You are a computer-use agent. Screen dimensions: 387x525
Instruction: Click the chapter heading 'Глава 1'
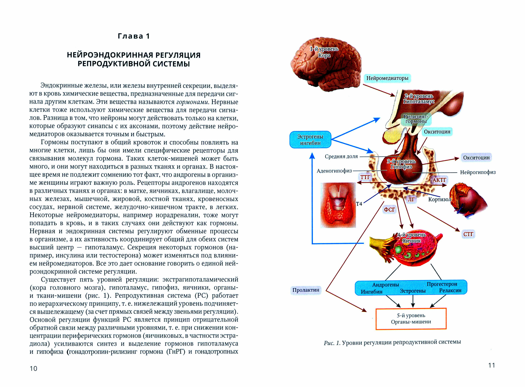pos(134,36)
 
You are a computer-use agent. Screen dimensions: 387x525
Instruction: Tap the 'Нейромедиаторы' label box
pos(387,78)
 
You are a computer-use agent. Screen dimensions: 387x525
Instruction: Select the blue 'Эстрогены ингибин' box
pos(310,140)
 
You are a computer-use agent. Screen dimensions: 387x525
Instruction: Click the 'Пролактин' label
pos(306,290)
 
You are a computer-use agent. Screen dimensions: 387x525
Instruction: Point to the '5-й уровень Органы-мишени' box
pos(411,319)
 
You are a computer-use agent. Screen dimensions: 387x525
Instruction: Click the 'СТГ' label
pos(468,234)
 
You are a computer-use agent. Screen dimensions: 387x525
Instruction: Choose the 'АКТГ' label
pos(439,180)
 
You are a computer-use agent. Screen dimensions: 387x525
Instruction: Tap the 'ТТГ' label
pos(365,177)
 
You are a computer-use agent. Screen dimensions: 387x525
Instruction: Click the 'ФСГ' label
pos(389,210)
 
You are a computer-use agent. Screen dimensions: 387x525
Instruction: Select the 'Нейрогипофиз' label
pos(478,172)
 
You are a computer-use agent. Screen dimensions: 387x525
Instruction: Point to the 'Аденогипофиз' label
pos(334,171)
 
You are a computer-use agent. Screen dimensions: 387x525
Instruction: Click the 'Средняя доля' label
pos(341,156)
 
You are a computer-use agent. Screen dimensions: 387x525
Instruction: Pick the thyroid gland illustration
pos(338,205)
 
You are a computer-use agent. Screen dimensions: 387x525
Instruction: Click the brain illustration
pos(326,64)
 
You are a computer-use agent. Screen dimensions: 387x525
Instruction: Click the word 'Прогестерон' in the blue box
pos(442,284)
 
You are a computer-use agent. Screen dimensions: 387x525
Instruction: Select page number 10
pos(34,369)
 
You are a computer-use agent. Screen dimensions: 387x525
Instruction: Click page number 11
pos(491,365)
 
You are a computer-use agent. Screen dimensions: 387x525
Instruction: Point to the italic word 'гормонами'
pos(192,102)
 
